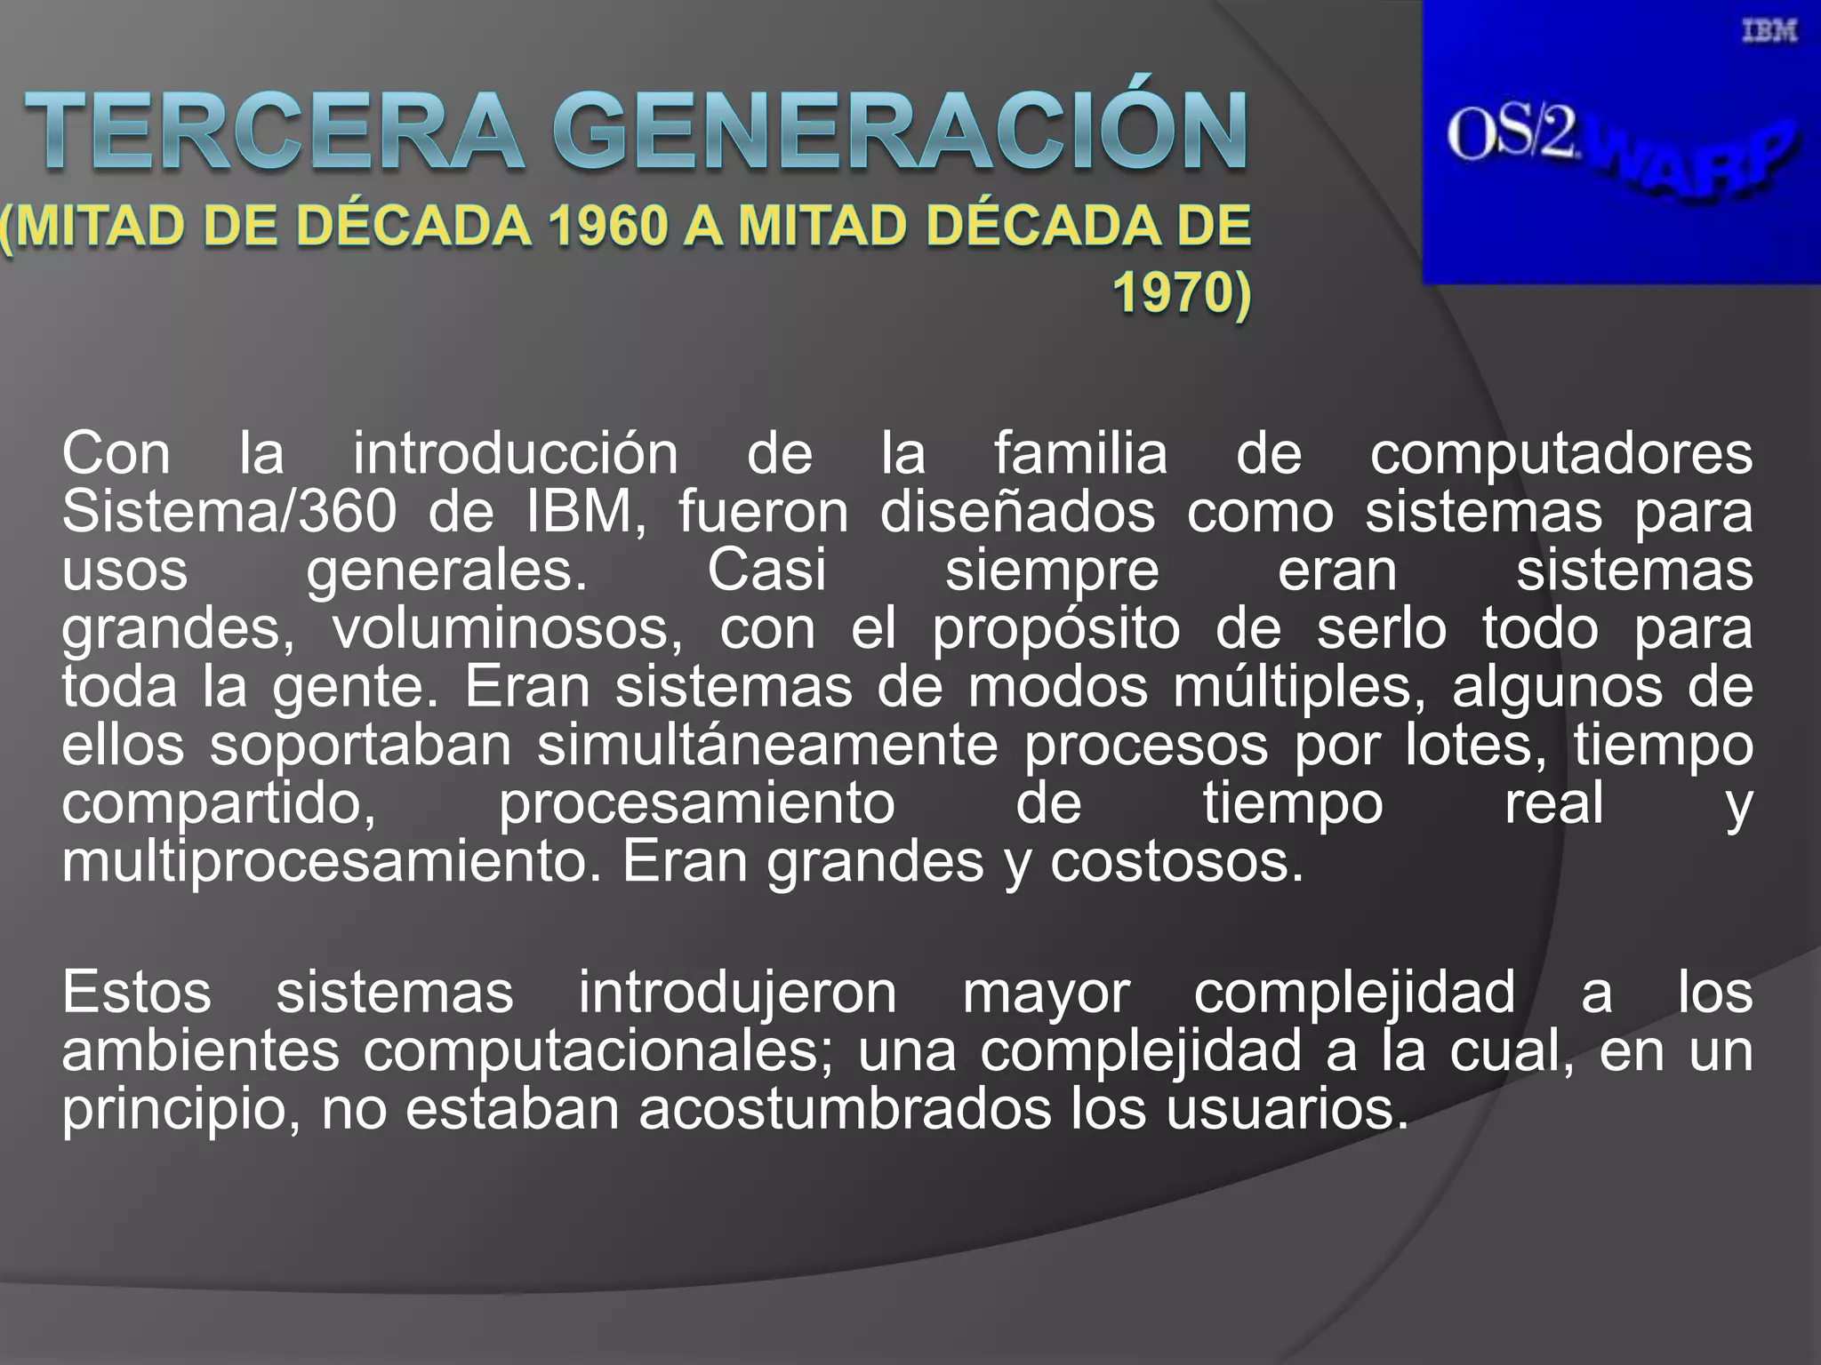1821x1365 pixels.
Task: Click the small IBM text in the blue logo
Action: tap(1769, 32)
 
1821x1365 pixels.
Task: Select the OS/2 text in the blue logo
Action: tap(1511, 136)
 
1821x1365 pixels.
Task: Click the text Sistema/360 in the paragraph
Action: tap(229, 513)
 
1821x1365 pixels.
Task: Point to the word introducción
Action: tap(516, 454)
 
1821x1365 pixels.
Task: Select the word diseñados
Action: tap(1017, 513)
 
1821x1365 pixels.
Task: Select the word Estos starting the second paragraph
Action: tap(137, 993)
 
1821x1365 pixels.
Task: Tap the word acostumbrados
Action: tap(845, 1109)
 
